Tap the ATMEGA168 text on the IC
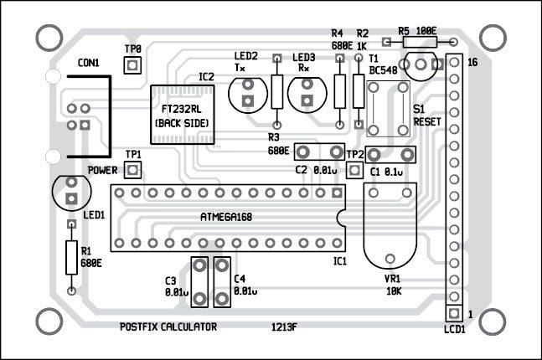click(x=226, y=216)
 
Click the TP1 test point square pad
click(x=132, y=172)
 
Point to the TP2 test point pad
click(x=355, y=171)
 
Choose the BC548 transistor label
click(x=384, y=71)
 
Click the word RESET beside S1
click(x=427, y=122)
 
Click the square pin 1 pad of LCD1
click(x=453, y=313)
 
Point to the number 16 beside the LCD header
click(x=472, y=64)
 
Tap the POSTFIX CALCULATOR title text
click(x=168, y=326)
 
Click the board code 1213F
click(x=283, y=327)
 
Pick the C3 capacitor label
click(x=171, y=280)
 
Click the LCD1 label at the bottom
click(x=454, y=330)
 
